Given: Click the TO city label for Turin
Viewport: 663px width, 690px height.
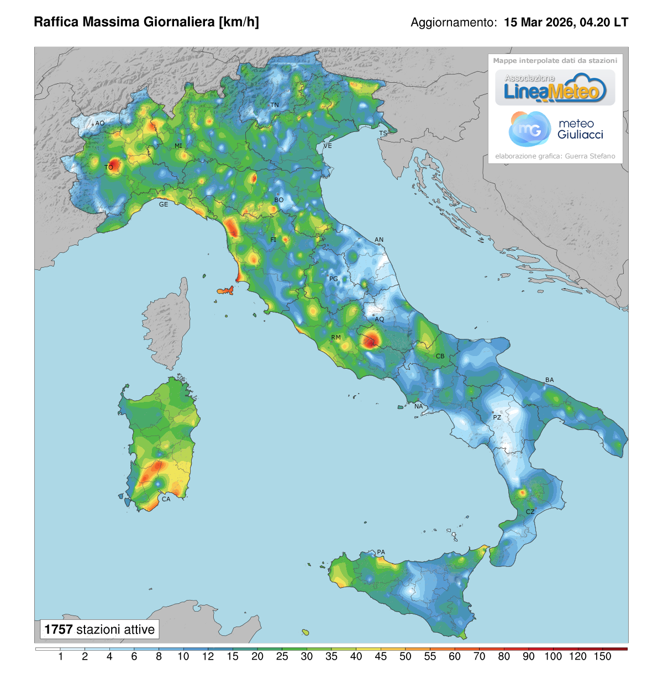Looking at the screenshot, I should point(109,167).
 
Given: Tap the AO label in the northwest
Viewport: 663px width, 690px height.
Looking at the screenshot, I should point(99,124).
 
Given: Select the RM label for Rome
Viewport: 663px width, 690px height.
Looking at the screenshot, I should point(336,337).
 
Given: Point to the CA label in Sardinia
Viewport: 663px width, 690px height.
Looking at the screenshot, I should point(166,499).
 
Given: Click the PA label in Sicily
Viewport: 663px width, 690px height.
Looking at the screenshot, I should point(381,552).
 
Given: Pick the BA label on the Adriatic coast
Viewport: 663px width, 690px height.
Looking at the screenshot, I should point(549,380).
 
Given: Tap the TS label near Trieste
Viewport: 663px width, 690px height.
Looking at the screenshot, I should point(383,134).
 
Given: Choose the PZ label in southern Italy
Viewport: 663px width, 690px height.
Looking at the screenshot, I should point(497,417).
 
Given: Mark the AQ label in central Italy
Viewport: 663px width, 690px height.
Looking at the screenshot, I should point(379,319).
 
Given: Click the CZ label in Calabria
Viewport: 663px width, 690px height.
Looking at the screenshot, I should point(530,512).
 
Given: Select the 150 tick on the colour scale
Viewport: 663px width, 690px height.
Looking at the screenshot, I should point(602,656).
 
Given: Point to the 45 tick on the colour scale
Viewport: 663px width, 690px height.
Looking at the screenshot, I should point(381,656).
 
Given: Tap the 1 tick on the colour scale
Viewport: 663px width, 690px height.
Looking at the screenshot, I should point(60,656).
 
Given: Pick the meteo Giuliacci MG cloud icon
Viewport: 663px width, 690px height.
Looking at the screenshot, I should point(529,129).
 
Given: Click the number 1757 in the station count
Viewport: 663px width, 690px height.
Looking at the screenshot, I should point(59,629).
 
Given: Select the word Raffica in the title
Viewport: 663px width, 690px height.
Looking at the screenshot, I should point(56,22).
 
